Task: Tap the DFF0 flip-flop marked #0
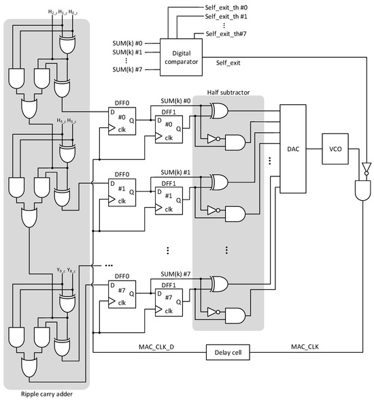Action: click(x=122, y=122)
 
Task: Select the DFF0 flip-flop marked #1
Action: click(x=122, y=192)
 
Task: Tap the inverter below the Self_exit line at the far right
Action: click(x=365, y=167)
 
